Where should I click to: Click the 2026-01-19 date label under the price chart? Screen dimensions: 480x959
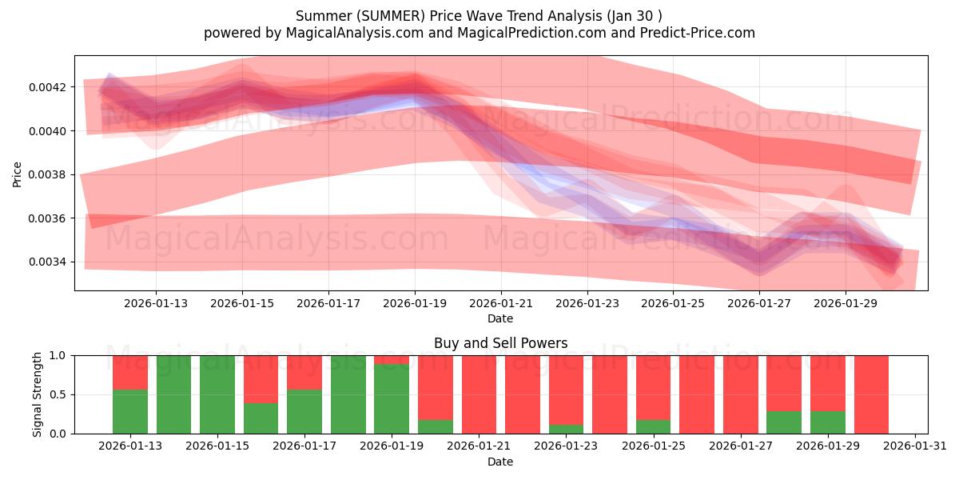tap(415, 303)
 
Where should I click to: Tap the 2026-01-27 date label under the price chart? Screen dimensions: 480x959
tap(760, 303)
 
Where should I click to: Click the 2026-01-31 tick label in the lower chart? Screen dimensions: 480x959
tap(913, 446)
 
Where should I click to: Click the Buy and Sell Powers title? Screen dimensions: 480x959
tap(500, 343)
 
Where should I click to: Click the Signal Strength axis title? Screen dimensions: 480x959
tap(38, 394)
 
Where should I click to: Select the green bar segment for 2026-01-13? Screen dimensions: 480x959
tap(130, 411)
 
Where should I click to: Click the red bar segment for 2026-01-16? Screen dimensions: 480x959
tap(261, 378)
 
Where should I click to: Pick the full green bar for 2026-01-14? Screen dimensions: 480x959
tap(174, 394)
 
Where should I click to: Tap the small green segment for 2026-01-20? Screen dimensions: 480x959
tap(436, 426)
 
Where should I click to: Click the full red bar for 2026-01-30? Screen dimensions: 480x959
tap(871, 394)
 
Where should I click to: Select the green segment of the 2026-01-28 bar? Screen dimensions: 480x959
tap(784, 422)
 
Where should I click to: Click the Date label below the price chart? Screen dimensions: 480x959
tap(500, 318)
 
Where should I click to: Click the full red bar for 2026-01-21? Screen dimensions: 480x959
tap(479, 394)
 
